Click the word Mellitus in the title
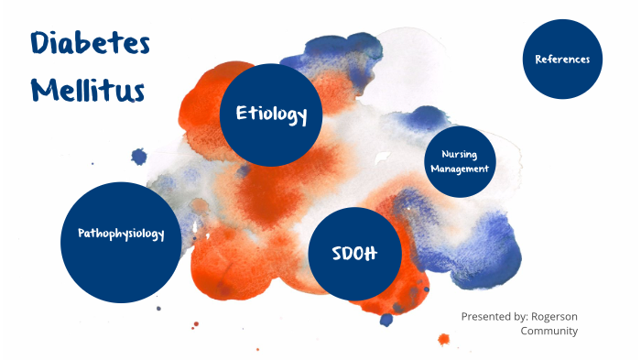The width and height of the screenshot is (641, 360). click(x=86, y=91)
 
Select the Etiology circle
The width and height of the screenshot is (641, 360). click(x=271, y=115)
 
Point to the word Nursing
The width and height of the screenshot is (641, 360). click(x=460, y=154)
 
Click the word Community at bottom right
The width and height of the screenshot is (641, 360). click(x=549, y=331)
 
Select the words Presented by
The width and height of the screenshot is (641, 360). click(x=493, y=316)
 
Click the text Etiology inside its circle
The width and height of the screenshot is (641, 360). click(x=271, y=115)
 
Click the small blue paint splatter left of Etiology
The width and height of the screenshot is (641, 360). click(x=139, y=157)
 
